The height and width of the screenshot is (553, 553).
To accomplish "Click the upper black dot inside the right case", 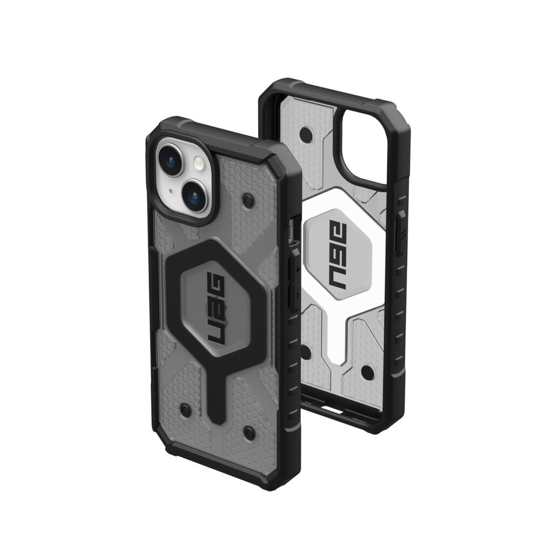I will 306,133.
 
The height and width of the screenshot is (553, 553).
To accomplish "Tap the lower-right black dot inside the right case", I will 367,372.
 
